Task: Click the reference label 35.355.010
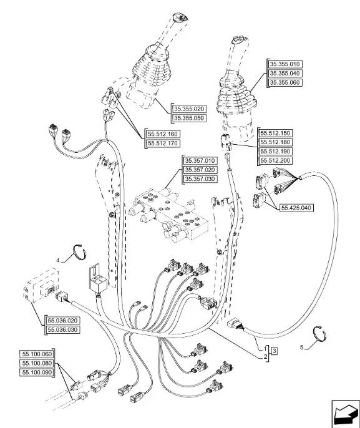(285, 64)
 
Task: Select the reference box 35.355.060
(285, 82)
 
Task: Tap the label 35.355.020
(189, 109)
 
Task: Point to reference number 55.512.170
(163, 143)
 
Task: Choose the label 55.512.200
(275, 160)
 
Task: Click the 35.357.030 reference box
(200, 179)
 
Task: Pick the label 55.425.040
(296, 208)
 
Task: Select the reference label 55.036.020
(62, 321)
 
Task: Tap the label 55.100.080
(37, 363)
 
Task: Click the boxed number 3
(275, 351)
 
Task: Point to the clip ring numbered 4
(80, 251)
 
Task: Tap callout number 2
(266, 357)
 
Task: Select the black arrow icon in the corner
(345, 413)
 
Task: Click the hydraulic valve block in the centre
(168, 213)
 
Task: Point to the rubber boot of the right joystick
(236, 93)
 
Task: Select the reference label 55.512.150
(275, 134)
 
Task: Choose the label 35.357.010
(200, 160)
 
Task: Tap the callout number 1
(266, 349)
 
